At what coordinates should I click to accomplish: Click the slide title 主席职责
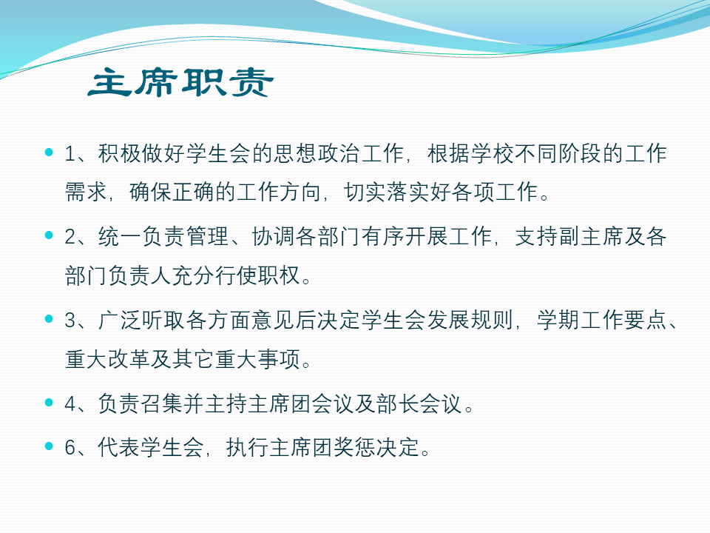pyautogui.click(x=180, y=82)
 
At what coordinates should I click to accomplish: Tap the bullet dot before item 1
pyautogui.click(x=50, y=152)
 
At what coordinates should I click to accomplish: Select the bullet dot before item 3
pyautogui.click(x=50, y=319)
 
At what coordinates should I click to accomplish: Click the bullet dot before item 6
pyautogui.click(x=50, y=446)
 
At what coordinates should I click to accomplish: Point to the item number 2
pyautogui.click(x=71, y=237)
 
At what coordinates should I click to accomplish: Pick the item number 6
pyautogui.click(x=71, y=448)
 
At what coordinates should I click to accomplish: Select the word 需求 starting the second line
pyautogui.click(x=86, y=192)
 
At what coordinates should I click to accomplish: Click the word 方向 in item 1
pyautogui.click(x=300, y=192)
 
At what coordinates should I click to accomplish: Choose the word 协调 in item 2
pyautogui.click(x=274, y=237)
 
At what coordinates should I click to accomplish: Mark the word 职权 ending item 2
pyautogui.click(x=280, y=275)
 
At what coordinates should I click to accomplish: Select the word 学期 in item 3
pyautogui.click(x=558, y=320)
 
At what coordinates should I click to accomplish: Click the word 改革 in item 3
pyautogui.click(x=129, y=359)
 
